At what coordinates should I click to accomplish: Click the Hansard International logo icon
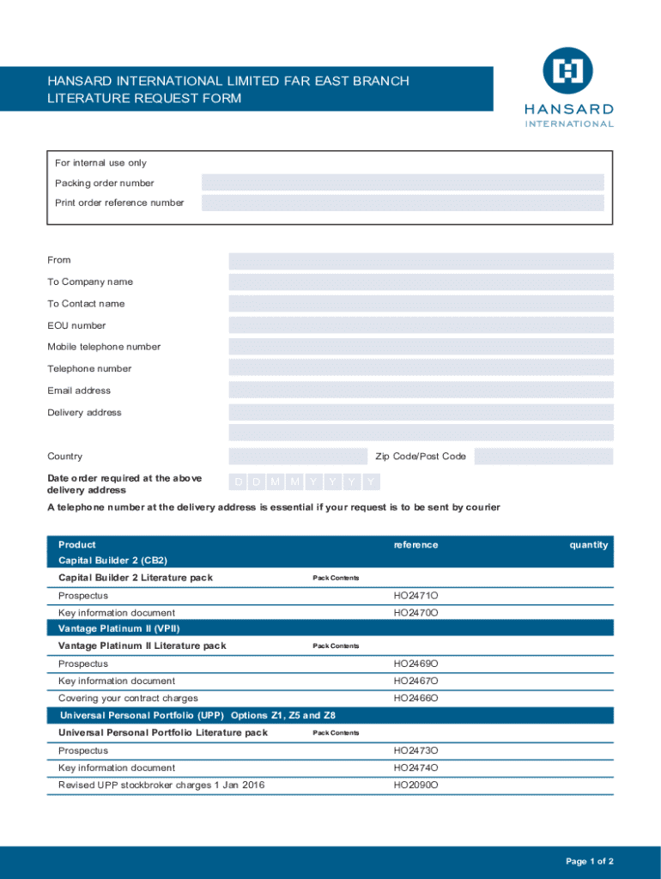[x=567, y=71]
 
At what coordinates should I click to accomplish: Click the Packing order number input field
[x=403, y=183]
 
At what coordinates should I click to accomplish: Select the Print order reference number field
[x=403, y=203]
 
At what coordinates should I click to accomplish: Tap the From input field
[x=421, y=261]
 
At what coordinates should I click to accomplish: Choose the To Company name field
[x=421, y=282]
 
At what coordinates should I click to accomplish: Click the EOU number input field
[x=421, y=325]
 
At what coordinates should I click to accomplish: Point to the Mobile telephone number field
[x=421, y=347]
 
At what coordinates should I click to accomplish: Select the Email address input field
[x=421, y=391]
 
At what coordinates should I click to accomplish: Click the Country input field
[x=297, y=457]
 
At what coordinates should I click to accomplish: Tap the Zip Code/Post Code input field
[x=543, y=457]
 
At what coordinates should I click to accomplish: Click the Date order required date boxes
[x=305, y=482]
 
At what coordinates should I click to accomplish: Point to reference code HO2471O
[x=415, y=596]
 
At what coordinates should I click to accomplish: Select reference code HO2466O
[x=415, y=699]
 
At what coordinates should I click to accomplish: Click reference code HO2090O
[x=415, y=785]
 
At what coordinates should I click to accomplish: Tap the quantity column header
[x=588, y=545]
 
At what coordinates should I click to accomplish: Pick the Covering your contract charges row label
[x=128, y=699]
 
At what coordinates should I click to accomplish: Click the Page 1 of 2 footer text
[x=590, y=861]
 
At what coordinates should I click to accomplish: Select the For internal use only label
[x=100, y=163]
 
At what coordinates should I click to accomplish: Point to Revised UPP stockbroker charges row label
[x=161, y=785]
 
